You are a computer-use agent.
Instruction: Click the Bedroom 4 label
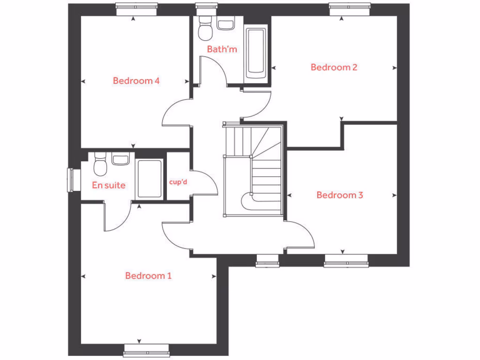pos(136,81)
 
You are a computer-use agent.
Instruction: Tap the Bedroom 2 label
pos(334,67)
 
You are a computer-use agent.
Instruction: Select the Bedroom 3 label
pos(339,195)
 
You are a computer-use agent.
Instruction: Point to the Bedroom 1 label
pos(148,276)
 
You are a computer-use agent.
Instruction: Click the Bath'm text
pos(222,49)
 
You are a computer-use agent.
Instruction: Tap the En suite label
pos(109,185)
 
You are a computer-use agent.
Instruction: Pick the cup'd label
pos(178,181)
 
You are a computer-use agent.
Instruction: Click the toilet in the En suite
pos(100,165)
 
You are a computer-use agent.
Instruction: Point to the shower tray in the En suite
pos(150,179)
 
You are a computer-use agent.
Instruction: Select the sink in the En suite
pos(120,159)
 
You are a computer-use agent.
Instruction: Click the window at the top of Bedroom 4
pos(136,7)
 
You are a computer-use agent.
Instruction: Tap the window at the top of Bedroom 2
pos(350,7)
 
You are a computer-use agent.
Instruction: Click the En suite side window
pos(72,180)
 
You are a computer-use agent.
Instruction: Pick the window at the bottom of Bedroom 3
pos(346,261)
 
